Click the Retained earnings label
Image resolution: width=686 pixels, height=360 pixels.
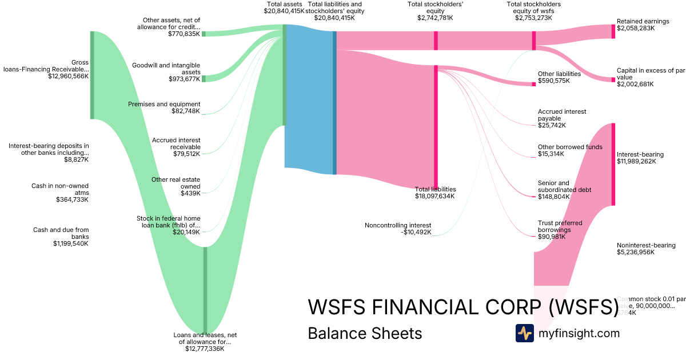[x=643, y=21]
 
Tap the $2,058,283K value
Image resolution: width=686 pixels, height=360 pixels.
[x=636, y=28]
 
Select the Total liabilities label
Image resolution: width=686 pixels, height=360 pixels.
[x=435, y=189]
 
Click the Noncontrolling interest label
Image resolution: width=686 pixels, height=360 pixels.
[x=398, y=225]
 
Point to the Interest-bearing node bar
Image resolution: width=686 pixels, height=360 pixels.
[x=613, y=164]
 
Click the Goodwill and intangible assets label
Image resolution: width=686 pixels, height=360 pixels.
[x=166, y=69]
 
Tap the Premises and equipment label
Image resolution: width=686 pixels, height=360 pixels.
[x=164, y=104]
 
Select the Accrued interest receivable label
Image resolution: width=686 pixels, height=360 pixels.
[x=176, y=143]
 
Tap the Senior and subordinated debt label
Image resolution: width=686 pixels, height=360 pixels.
[x=564, y=186]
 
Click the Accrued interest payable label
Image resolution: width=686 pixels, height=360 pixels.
[x=562, y=115]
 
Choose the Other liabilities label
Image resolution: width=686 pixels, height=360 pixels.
[x=559, y=74]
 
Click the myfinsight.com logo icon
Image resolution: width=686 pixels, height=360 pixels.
[x=524, y=333]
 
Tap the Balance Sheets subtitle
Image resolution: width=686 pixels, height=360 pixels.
[x=365, y=333]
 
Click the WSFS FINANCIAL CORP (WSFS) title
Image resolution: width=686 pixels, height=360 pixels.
[x=463, y=307]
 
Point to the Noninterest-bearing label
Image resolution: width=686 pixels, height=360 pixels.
[x=646, y=245]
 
